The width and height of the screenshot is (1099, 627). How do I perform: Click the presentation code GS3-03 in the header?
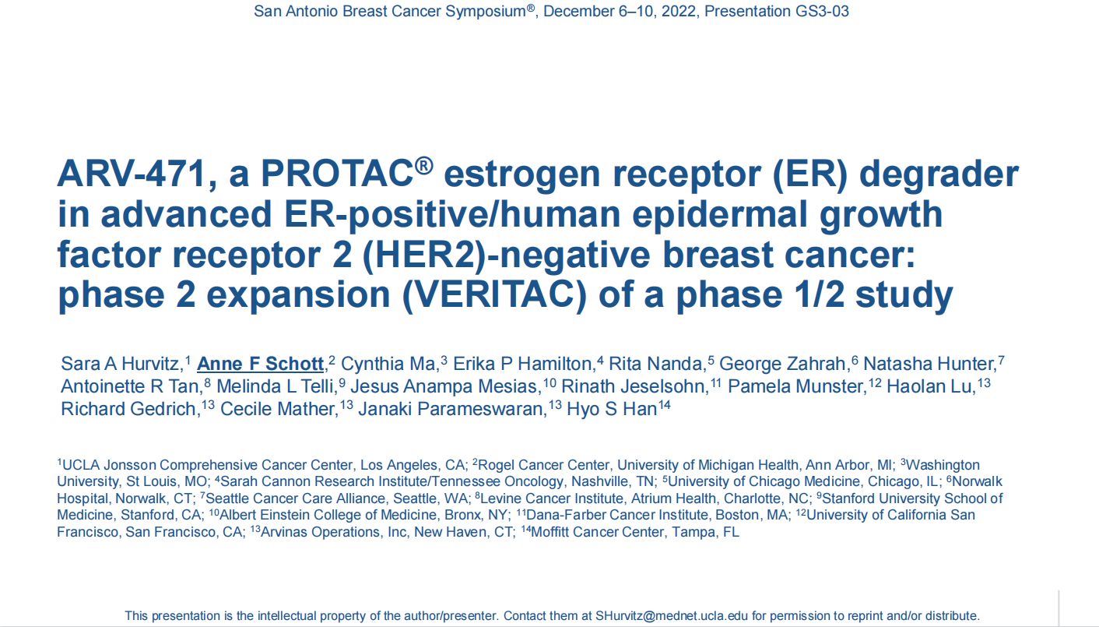822,11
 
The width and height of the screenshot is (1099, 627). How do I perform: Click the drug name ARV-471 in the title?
131,174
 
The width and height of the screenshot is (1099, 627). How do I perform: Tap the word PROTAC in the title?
337,174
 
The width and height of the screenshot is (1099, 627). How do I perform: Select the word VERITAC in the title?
494,294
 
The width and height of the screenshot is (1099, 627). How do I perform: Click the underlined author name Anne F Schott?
260,364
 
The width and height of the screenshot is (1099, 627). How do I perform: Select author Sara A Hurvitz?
120,364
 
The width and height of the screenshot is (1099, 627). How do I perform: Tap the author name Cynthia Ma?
388,364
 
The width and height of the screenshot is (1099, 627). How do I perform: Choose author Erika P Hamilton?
522,364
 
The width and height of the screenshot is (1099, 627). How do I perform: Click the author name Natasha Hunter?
929,364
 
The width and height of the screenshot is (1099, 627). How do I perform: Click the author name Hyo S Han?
612,409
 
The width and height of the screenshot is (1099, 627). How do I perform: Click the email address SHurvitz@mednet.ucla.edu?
672,616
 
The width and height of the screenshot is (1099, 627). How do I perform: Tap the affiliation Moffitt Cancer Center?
598,532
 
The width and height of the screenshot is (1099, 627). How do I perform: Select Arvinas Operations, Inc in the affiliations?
334,532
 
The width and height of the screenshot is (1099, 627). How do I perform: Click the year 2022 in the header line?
679,11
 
